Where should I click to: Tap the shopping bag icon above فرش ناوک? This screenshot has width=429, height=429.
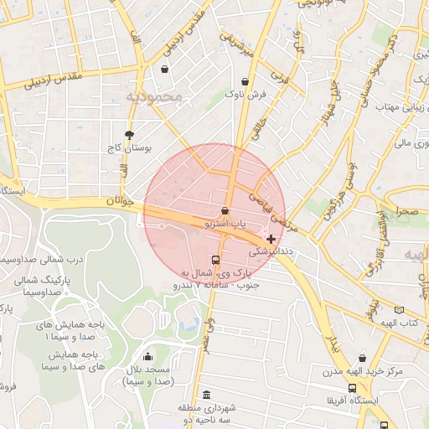tap(244, 82)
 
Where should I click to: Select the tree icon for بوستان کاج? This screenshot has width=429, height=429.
tap(128, 134)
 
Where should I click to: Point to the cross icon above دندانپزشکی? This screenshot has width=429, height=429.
tap(271, 239)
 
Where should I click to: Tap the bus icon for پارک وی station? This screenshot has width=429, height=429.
tap(217, 260)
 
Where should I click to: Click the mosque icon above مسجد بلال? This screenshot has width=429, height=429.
tap(148, 356)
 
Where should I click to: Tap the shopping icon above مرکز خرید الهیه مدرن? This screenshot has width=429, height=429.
tap(362, 357)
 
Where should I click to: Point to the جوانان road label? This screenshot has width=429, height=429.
tap(120, 201)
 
